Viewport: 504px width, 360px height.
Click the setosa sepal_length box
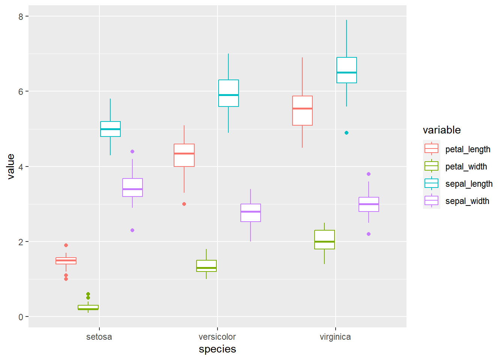tap(110, 129)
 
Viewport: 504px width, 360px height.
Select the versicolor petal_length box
tap(184, 155)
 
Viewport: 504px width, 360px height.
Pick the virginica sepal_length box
tap(346, 70)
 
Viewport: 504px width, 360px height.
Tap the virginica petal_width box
tap(324, 240)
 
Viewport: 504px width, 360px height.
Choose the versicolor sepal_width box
tap(250, 213)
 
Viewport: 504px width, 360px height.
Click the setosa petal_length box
tap(66, 261)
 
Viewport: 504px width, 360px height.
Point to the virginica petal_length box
tap(302, 111)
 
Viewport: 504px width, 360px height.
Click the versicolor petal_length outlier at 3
tap(184, 204)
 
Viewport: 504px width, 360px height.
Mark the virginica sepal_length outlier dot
tap(346, 133)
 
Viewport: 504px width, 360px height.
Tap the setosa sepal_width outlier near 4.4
tap(132, 151)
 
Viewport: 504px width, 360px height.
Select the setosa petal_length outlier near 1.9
tap(66, 245)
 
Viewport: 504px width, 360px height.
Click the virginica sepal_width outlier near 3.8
tap(369, 174)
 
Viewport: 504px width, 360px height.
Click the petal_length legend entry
tap(431, 149)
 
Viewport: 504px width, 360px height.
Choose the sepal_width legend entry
tap(431, 201)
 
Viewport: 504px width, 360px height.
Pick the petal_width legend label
tap(466, 166)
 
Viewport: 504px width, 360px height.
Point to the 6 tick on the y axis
tap(21, 91)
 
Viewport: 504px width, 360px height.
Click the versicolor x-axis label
tap(217, 337)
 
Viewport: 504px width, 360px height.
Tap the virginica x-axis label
tap(335, 337)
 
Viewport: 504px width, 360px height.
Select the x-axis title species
tap(217, 349)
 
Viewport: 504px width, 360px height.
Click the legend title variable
tap(442, 130)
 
